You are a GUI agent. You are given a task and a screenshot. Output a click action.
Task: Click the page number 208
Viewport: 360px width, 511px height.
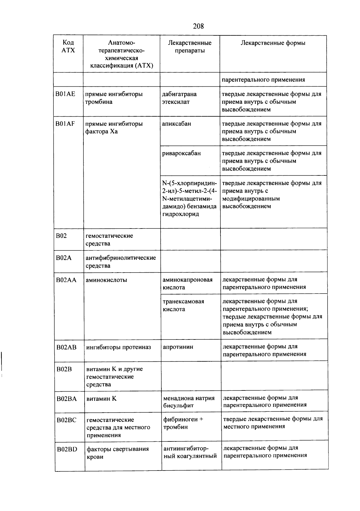click(x=198, y=26)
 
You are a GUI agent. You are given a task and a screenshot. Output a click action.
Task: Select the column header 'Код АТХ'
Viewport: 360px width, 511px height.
click(x=68, y=46)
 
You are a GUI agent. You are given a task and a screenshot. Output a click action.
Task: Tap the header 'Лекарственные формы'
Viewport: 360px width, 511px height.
click(x=273, y=43)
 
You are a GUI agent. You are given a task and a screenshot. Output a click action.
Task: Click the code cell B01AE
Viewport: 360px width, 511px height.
click(x=65, y=94)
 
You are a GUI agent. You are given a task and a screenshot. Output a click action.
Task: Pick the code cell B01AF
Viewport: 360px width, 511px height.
click(x=65, y=124)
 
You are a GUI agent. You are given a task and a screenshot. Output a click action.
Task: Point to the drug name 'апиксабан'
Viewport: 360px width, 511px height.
click(x=176, y=124)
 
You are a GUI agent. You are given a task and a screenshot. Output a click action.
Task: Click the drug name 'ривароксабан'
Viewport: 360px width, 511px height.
click(x=181, y=154)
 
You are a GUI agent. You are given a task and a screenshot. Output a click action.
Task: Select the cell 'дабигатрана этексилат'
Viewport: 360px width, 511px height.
click(x=179, y=98)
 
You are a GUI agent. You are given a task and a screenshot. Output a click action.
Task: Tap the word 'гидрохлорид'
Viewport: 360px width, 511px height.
click(x=181, y=214)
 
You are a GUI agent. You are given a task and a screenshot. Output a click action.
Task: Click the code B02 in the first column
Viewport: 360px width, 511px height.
click(x=61, y=236)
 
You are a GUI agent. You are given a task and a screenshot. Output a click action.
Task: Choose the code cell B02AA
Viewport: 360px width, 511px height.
click(x=66, y=280)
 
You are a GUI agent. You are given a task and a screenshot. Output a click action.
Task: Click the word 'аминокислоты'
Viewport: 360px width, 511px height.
click(x=106, y=280)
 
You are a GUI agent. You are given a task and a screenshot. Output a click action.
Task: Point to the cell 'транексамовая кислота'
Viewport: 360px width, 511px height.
click(x=183, y=305)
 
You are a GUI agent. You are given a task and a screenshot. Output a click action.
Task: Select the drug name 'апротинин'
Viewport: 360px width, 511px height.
click(x=178, y=347)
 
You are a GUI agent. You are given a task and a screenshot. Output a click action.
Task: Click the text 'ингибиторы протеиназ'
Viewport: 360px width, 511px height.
click(x=118, y=347)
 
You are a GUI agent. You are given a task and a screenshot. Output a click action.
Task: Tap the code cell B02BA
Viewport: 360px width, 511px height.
click(x=66, y=399)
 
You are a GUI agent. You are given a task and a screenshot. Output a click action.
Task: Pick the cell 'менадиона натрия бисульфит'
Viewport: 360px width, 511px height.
click(x=189, y=402)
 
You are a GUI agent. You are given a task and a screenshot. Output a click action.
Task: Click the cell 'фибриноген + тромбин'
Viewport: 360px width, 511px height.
click(x=183, y=423)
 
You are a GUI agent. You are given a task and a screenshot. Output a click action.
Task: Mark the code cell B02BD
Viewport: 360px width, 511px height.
click(x=67, y=449)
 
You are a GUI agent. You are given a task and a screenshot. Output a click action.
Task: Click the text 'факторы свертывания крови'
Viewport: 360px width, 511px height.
click(x=118, y=453)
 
